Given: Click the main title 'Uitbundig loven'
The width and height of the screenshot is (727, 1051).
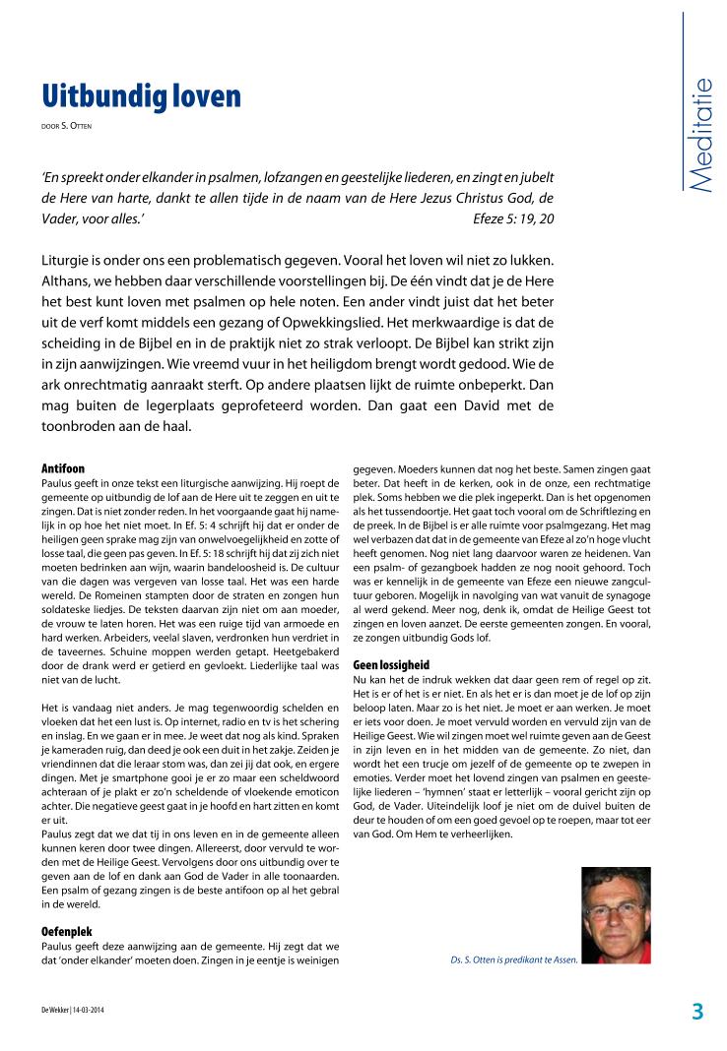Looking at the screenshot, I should pos(141,96).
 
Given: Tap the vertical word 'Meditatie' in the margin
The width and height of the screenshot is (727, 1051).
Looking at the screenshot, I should pos(700,136).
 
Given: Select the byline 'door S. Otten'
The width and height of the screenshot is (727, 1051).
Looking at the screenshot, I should pos(67,125).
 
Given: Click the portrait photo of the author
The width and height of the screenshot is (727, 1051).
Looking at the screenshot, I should pos(616,914).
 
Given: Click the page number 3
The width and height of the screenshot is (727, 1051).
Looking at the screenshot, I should pos(697,1012).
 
